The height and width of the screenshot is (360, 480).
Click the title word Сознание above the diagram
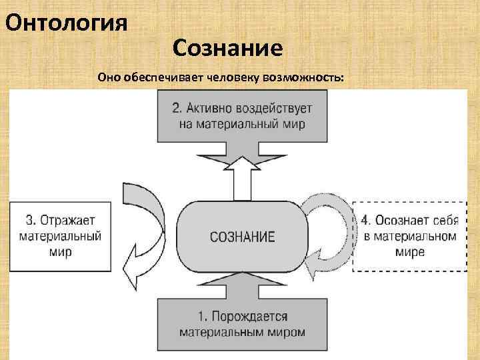coord(227,48)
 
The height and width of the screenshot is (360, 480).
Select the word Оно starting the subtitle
coord(108,77)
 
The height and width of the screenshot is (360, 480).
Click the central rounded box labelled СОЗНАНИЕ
coord(242,236)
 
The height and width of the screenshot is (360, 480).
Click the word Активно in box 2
coord(213,108)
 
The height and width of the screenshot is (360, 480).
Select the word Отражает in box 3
coord(69,220)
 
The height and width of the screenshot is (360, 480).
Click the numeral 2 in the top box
coord(177,108)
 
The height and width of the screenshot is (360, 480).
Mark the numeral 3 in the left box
coord(29,220)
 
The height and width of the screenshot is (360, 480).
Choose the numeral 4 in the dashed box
coord(365,220)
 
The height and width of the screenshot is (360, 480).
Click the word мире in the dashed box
coord(409,252)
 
